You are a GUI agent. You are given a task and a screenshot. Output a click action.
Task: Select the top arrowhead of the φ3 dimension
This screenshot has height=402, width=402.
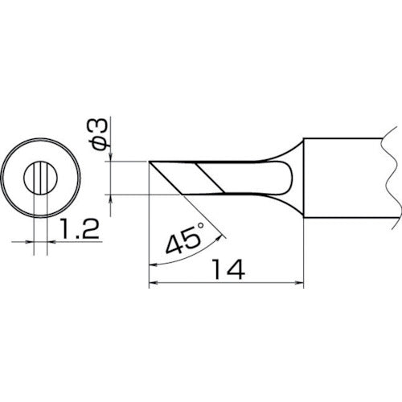click(x=110, y=157)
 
